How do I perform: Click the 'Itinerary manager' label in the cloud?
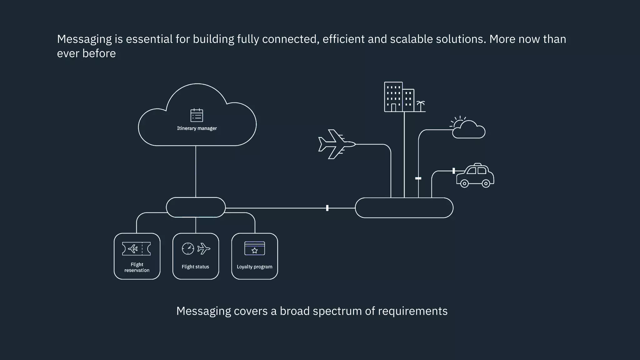[197, 128]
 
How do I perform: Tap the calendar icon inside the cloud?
[197, 115]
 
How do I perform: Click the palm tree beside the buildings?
[421, 106]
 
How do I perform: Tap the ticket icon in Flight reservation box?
[137, 249]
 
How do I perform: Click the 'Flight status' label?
[195, 267]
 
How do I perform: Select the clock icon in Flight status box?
[188, 249]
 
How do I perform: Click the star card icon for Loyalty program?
[255, 248]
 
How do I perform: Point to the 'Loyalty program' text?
[254, 267]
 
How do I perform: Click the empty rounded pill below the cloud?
[196, 207]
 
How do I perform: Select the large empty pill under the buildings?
[404, 208]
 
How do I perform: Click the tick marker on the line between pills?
[327, 208]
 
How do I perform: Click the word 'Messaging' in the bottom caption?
[203, 311]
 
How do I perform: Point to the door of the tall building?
[393, 108]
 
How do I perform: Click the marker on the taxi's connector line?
[454, 171]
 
